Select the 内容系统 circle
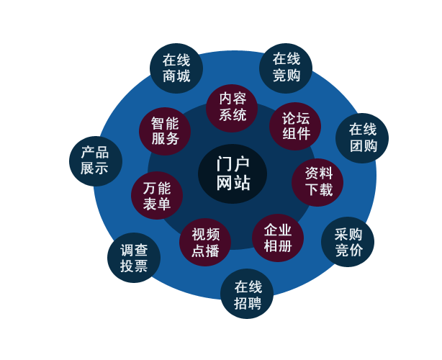point(232,107)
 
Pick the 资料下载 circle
point(317,181)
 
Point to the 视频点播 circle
point(205,242)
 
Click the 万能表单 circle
point(156,196)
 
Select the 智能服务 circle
point(165,131)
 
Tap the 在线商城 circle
point(176,68)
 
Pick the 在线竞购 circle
point(286,68)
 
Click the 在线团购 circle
point(362,138)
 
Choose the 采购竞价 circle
point(348,242)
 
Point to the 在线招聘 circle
point(247,294)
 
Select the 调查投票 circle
point(134,258)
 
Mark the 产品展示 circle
point(96,161)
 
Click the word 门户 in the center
point(233,163)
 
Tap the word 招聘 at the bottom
point(247,302)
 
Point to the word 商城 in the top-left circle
point(176,76)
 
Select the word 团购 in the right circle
point(362,146)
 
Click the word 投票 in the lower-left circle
point(134,266)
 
